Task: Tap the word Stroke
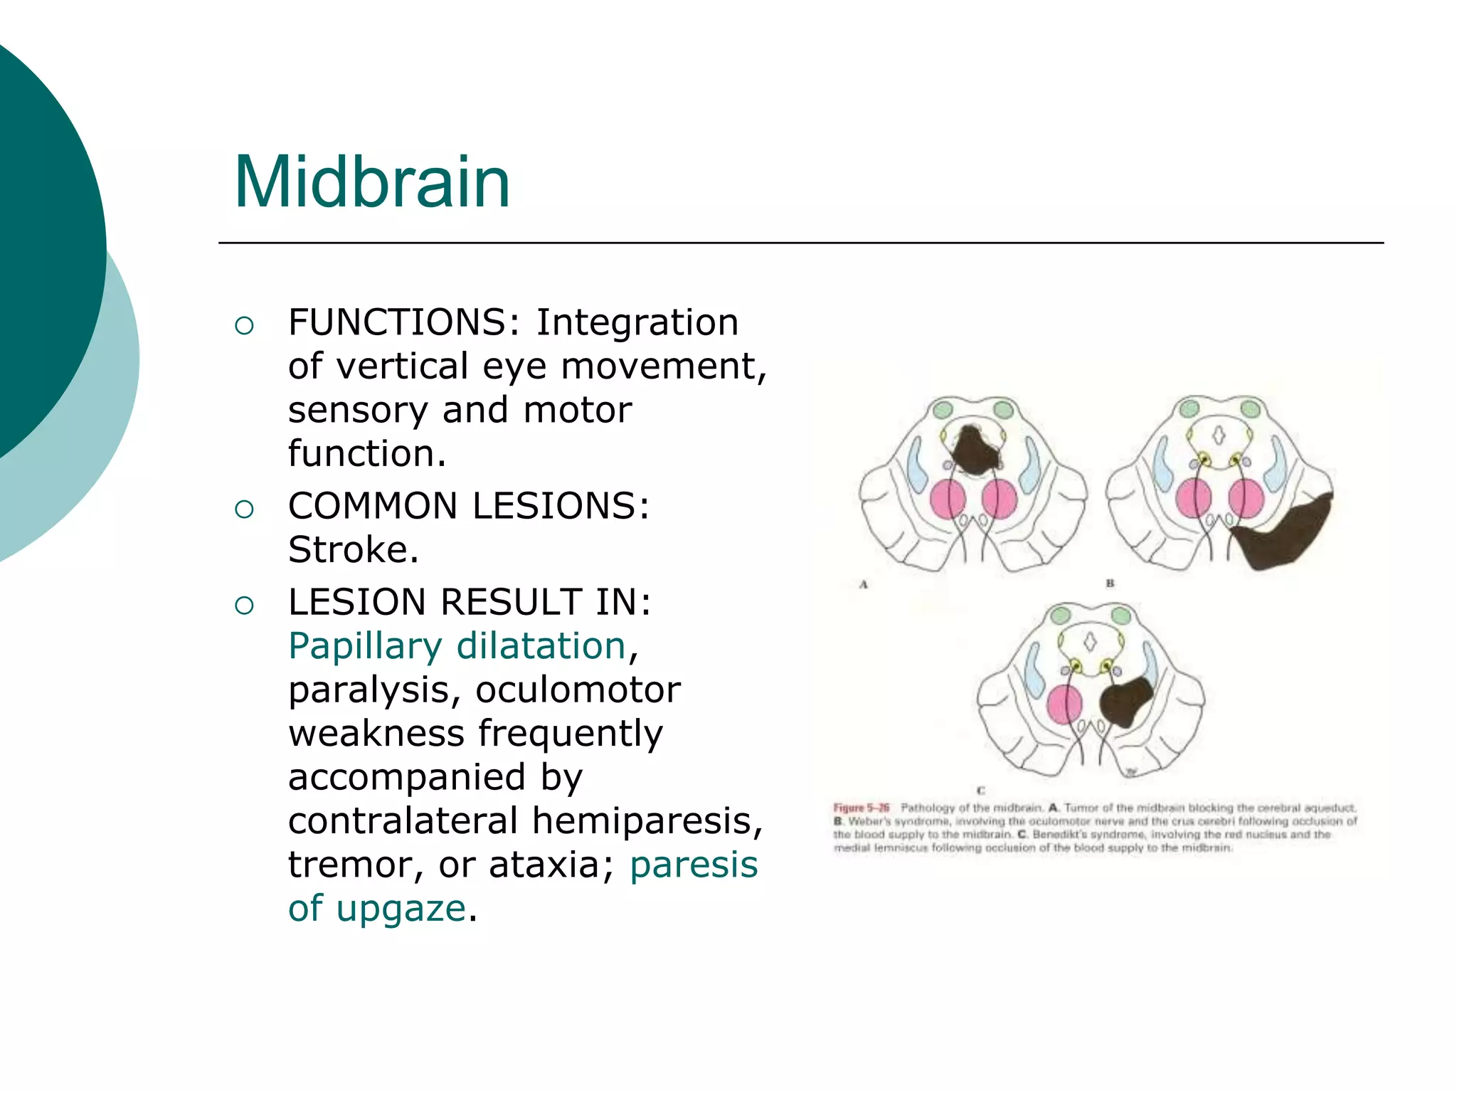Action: coord(352,549)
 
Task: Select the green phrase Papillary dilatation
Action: coord(457,646)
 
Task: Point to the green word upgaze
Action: coord(401,909)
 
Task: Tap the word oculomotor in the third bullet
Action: coord(578,690)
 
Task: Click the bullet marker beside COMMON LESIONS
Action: coord(244,509)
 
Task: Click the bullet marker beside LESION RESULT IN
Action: coord(244,605)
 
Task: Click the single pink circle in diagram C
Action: coord(1064,704)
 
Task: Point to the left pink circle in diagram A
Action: coord(947,498)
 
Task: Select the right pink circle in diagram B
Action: coord(1246,498)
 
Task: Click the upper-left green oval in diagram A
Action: coord(943,410)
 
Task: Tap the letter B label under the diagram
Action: coord(1110,584)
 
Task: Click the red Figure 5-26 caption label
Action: coord(862,808)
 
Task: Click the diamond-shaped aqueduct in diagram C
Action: coord(1090,641)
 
